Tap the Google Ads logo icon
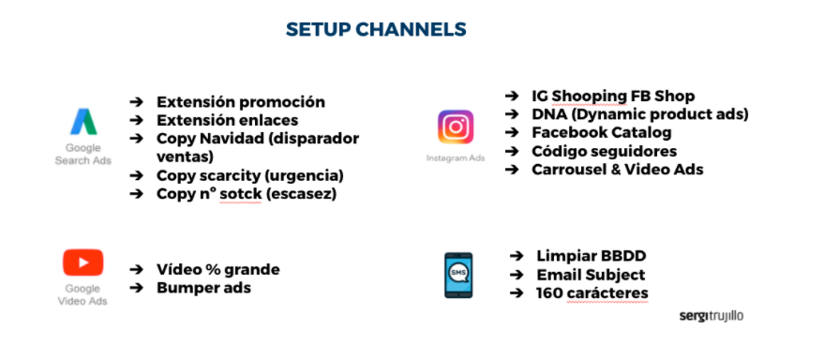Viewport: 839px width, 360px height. pos(82,123)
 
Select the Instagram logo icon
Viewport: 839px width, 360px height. pos(456,127)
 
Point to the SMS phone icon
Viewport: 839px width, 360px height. pos(458,275)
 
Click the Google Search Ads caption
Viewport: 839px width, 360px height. pos(82,155)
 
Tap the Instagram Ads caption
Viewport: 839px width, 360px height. pos(456,158)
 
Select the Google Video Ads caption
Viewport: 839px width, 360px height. pos(82,295)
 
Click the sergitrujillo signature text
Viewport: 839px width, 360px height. pos(712,316)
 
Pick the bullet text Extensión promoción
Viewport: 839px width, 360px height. pos(241,102)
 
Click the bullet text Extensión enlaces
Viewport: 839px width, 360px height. pos(228,120)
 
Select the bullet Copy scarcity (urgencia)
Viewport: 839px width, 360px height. pos(250,175)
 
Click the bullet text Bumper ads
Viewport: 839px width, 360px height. pos(203,288)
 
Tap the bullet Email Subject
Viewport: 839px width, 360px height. pos(591,275)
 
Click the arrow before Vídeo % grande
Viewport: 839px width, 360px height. pos(137,270)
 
